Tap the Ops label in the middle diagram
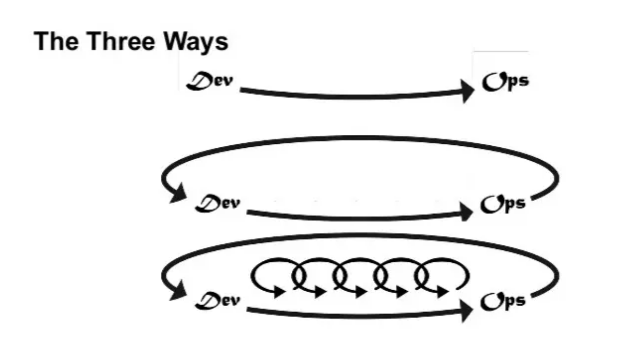(x=503, y=204)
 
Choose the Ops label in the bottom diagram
(x=503, y=301)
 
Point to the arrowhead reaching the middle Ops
(x=466, y=212)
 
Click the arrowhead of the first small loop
(x=280, y=292)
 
